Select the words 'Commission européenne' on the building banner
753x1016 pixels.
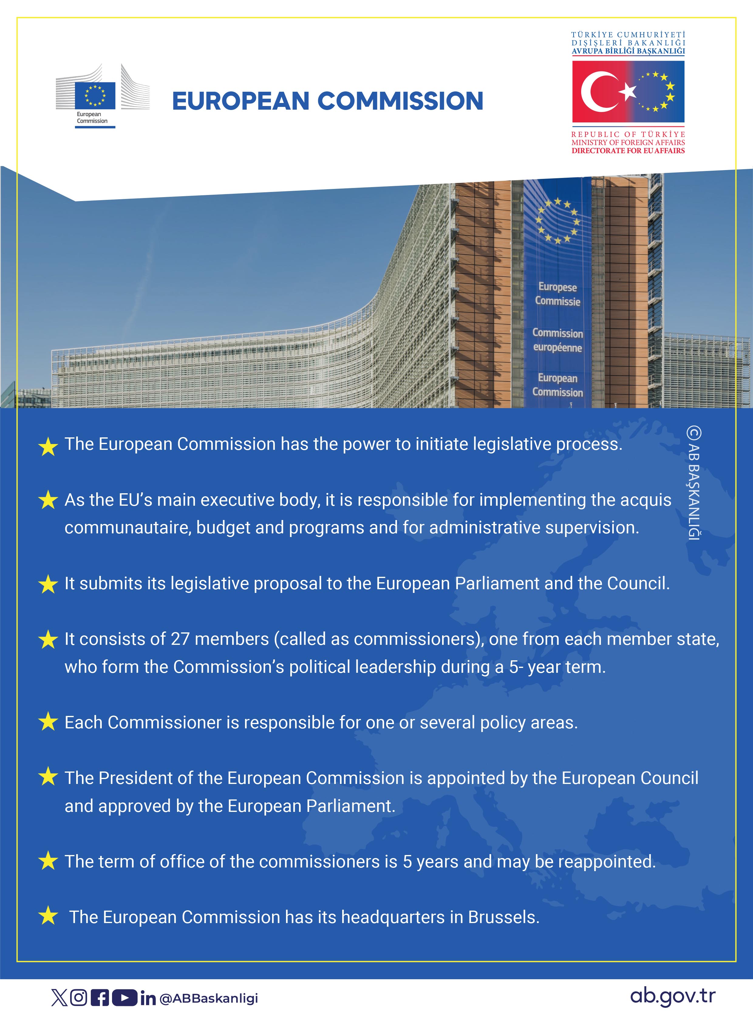[x=557, y=340]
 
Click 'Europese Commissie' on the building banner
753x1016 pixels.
[x=557, y=294]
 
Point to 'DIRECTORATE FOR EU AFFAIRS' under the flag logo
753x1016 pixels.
[x=628, y=150]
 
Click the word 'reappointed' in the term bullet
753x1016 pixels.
[x=606, y=862]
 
